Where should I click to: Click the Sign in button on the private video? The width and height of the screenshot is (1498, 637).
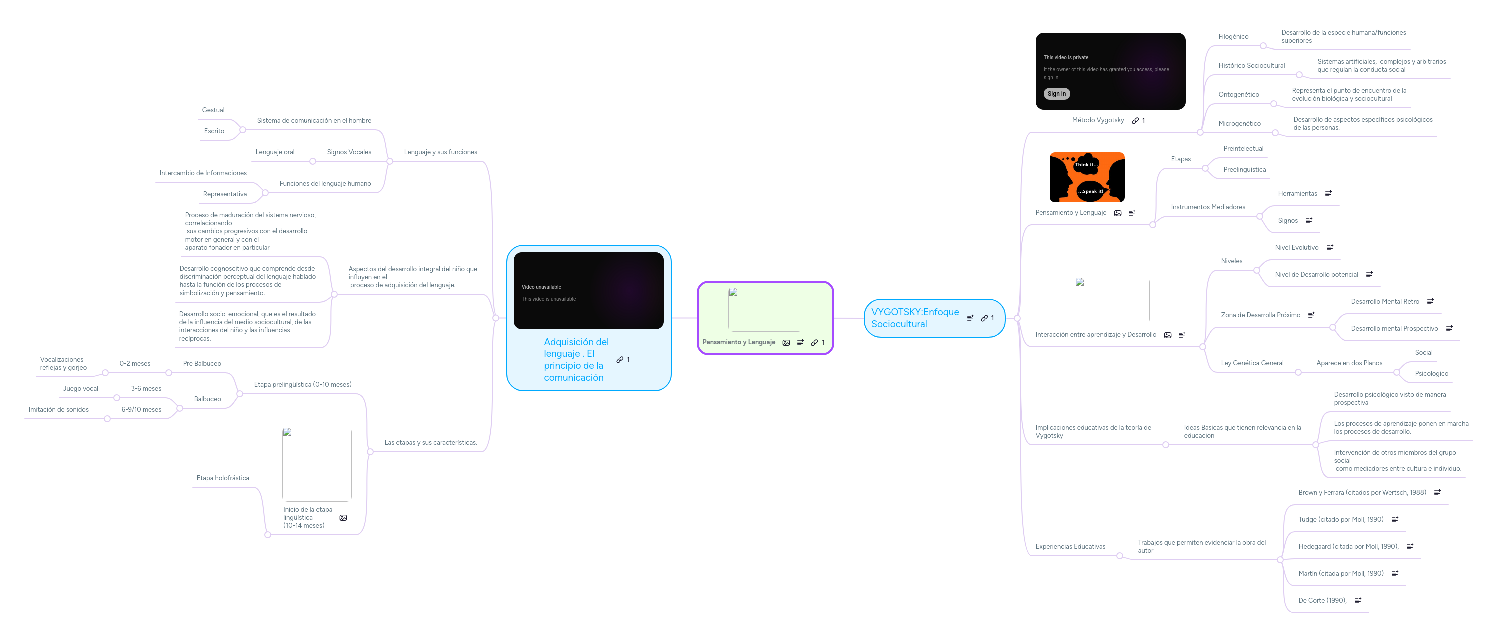point(1056,94)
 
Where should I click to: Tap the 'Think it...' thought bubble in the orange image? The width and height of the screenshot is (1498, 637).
point(1086,164)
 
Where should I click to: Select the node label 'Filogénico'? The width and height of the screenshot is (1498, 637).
point(1233,36)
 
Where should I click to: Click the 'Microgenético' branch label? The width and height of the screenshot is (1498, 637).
point(1240,124)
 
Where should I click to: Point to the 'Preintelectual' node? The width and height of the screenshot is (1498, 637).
point(1243,149)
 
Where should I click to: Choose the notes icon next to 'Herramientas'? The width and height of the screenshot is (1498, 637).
point(1328,193)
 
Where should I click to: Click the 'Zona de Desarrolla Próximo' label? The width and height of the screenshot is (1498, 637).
point(1260,315)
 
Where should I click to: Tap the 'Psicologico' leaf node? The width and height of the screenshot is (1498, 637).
point(1431,373)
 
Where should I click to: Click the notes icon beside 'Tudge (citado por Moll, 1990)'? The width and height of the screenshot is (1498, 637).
point(1394,519)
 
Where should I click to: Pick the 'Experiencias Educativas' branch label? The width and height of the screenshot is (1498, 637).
point(1070,547)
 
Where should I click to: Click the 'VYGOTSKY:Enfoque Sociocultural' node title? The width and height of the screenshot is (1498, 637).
point(915,318)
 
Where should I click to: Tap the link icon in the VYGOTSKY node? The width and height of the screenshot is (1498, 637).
point(984,318)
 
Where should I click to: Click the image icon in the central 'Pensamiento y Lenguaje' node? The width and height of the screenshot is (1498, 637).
point(786,342)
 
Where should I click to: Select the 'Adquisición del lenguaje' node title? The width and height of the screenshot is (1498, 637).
point(576,359)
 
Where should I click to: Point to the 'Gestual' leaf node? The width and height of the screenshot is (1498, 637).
point(213,110)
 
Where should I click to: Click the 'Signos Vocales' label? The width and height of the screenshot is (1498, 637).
point(349,152)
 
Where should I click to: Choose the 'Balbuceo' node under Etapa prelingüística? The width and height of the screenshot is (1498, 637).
point(207,399)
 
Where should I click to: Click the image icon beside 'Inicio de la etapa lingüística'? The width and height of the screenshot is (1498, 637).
point(343,517)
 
